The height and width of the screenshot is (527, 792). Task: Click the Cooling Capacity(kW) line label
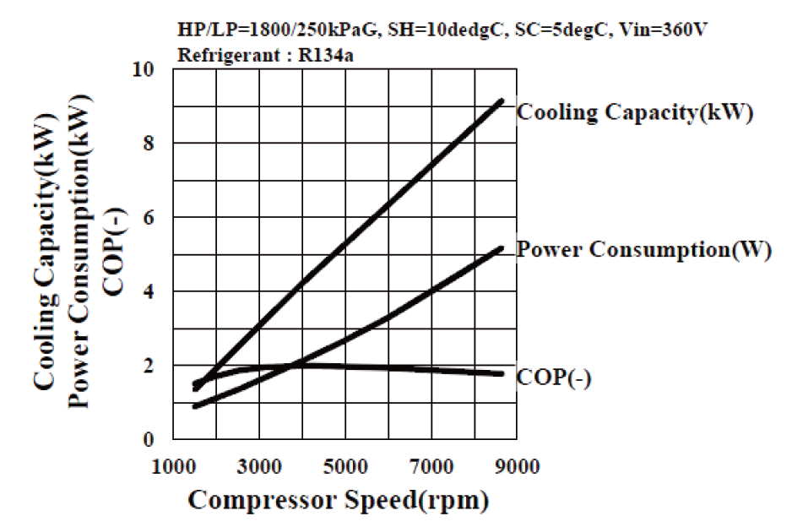pyautogui.click(x=634, y=113)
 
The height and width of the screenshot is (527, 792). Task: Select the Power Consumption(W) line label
pyautogui.click(x=643, y=251)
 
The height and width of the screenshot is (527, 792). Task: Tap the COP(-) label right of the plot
pyautogui.click(x=554, y=378)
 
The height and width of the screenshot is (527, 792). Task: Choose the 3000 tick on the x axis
pyautogui.click(x=259, y=467)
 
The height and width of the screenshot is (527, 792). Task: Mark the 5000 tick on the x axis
pyautogui.click(x=345, y=467)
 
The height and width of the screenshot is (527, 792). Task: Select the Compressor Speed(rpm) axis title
pyautogui.click(x=338, y=500)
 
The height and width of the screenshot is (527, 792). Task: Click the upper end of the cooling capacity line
pyautogui.click(x=502, y=101)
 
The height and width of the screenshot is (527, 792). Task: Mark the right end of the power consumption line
pyautogui.click(x=502, y=248)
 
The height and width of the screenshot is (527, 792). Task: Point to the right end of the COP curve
pyautogui.click(x=502, y=373)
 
